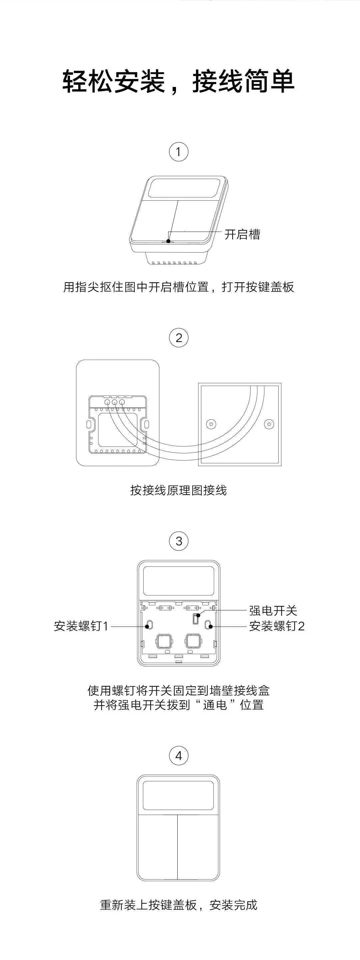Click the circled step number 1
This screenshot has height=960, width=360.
point(179,152)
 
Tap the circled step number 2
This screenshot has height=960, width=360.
point(179,338)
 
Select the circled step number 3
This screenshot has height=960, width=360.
point(179,541)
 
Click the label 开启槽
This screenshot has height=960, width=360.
point(242,234)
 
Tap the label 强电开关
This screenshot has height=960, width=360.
point(273,610)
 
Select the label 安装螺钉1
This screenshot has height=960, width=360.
point(81,626)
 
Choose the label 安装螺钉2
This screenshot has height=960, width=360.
point(277,626)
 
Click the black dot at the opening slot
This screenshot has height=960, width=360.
point(168,241)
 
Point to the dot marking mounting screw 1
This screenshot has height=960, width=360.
point(148,626)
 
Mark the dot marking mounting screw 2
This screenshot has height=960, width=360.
point(211,626)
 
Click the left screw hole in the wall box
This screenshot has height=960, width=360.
point(211,424)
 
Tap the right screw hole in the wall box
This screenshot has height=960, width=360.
point(269,424)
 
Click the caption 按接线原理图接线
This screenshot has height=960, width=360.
point(179,490)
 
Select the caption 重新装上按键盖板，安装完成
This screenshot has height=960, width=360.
point(179,905)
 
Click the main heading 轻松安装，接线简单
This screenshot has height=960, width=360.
point(179,81)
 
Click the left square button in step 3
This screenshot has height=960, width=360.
point(164,641)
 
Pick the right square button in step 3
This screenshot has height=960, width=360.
point(193,641)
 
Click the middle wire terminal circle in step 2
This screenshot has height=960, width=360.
point(114,402)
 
